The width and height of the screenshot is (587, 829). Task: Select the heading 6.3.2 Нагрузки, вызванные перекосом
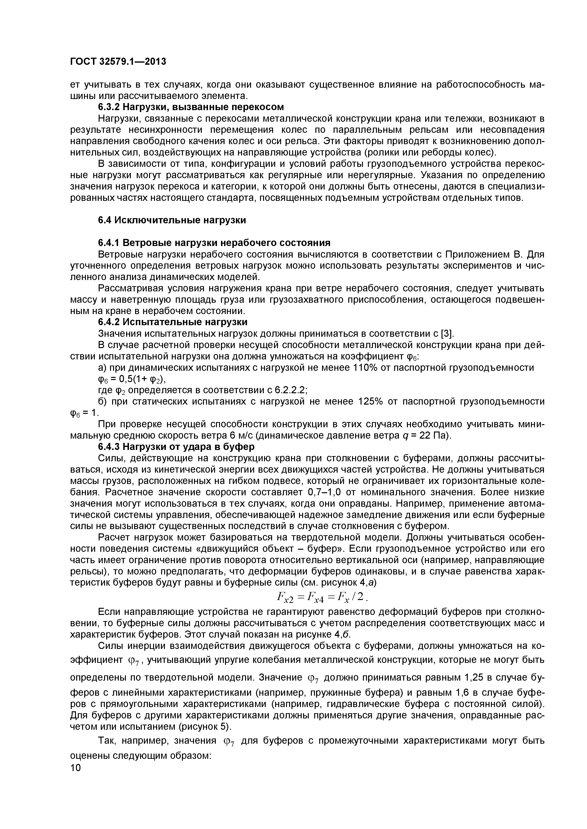click(x=191, y=107)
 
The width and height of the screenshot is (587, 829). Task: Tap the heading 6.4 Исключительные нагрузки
click(x=172, y=220)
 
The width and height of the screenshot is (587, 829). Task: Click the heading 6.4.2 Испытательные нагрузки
click(x=173, y=322)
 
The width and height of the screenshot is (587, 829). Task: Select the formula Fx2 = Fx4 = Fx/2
click(x=321, y=598)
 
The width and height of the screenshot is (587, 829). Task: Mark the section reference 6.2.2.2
click(x=291, y=390)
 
